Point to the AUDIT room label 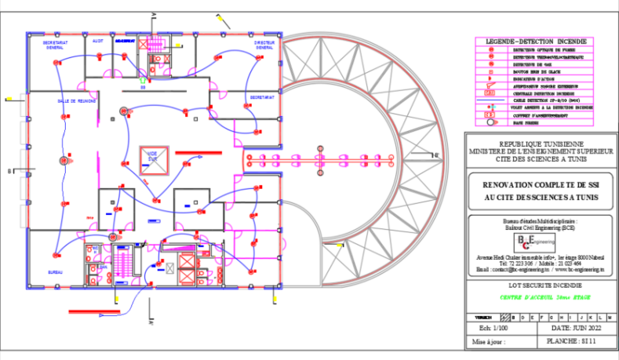click(x=98, y=40)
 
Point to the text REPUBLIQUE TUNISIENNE click(x=541, y=144)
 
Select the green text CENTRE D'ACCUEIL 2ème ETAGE click(x=541, y=297)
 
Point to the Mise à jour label click(x=490, y=343)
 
